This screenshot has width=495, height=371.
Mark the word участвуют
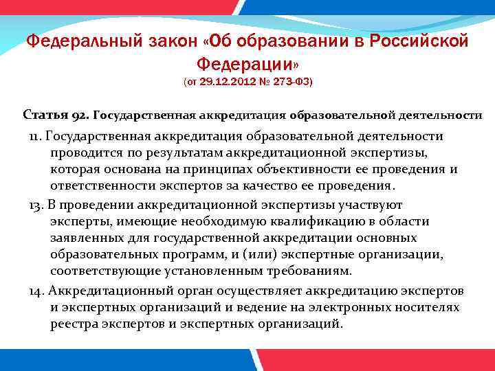pyautogui.click(x=362, y=204)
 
